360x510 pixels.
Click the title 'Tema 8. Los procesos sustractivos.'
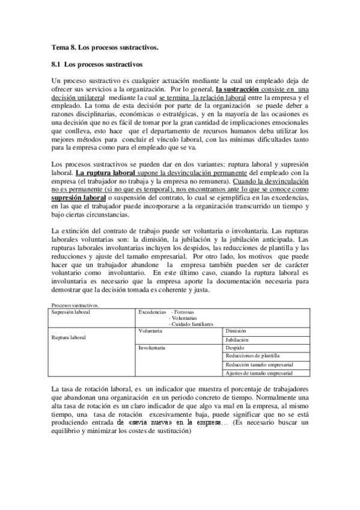tap(105, 47)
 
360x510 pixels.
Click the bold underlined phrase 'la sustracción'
tap(239, 89)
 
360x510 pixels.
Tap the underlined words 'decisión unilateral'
tap(78, 97)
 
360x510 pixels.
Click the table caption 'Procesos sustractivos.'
tap(76, 306)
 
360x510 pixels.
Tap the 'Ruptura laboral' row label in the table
tap(69, 337)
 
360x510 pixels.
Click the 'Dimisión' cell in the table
tap(236, 331)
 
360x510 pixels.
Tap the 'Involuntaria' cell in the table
tap(153, 348)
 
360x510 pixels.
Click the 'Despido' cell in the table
tap(235, 348)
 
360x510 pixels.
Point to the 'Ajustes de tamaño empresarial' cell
tap(260, 373)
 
